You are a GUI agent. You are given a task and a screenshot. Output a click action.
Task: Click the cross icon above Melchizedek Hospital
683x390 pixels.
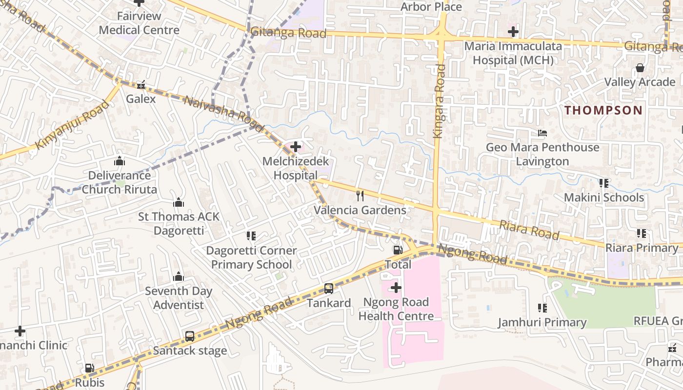pos(295,146)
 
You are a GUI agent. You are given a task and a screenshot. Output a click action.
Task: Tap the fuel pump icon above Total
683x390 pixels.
pos(398,250)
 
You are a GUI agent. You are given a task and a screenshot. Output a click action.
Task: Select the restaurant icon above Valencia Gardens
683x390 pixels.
pos(360,196)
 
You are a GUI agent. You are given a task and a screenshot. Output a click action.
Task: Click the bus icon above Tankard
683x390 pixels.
pos(329,289)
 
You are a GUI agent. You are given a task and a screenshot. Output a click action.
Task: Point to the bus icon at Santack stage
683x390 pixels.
pos(190,336)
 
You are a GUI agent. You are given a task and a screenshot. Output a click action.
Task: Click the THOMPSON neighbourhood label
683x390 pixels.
pos(603,110)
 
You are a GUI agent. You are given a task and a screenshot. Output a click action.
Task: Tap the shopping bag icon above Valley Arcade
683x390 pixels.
pos(640,68)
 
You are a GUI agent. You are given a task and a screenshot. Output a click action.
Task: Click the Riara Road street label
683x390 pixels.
pos(529,229)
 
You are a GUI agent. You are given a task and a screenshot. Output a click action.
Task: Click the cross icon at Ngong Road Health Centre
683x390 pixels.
pos(396,288)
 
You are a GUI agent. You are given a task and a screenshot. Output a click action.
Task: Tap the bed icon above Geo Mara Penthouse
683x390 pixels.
pos(542,133)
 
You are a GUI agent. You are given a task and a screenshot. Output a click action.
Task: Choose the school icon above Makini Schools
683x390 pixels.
pos(604,183)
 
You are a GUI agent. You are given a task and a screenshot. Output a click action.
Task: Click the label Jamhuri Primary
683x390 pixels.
pos(542,322)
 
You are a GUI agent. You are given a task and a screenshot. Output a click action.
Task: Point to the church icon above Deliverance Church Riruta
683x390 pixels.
pos(120,161)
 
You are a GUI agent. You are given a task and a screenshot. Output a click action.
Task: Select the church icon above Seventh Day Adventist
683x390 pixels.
pos(179,277)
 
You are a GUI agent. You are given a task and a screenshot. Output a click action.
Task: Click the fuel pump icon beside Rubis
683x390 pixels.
pos(90,368)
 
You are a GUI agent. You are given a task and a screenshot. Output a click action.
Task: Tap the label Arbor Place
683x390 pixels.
pos(431,7)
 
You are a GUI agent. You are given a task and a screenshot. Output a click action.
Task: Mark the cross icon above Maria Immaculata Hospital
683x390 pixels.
pos(513,32)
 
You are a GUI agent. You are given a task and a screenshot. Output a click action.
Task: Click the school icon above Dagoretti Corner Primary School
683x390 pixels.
pos(251,236)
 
